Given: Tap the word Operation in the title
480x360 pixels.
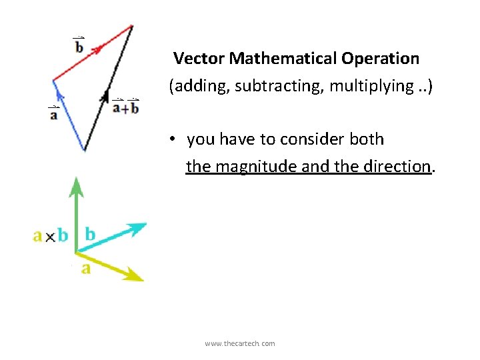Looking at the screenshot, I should pyautogui.click(x=381, y=59).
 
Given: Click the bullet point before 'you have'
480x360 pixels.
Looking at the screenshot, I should pyautogui.click(x=172, y=140).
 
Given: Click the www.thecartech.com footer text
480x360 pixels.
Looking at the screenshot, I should pyautogui.click(x=240, y=343).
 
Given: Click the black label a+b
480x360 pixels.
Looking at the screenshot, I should pyautogui.click(x=125, y=107).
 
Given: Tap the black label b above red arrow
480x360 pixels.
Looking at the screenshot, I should pyautogui.click(x=79, y=46).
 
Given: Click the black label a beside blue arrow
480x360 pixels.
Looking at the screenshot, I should pyautogui.click(x=53, y=114).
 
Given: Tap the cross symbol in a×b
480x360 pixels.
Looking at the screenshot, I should pyautogui.click(x=50, y=236).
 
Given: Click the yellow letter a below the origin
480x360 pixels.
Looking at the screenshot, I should pyautogui.click(x=86, y=268).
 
